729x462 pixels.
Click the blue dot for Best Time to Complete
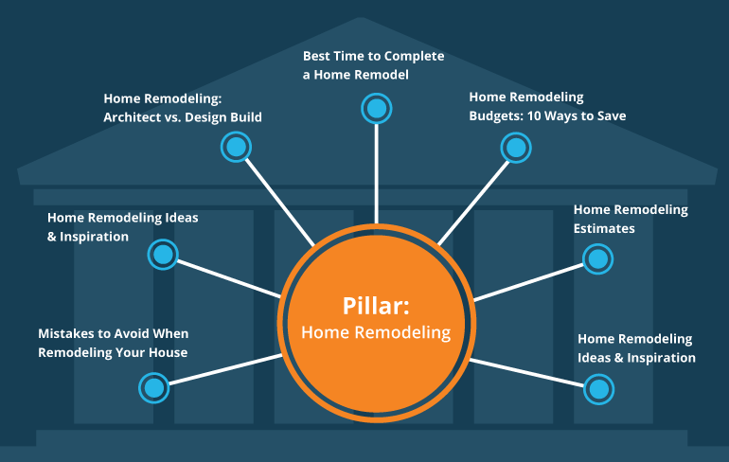click(x=377, y=108)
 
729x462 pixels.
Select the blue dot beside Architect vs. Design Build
click(x=236, y=147)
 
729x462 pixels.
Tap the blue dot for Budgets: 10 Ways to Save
click(x=515, y=147)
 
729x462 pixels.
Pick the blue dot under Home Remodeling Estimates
click(x=597, y=258)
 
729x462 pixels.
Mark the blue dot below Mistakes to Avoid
click(x=153, y=386)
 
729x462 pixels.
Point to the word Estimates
click(x=605, y=228)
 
